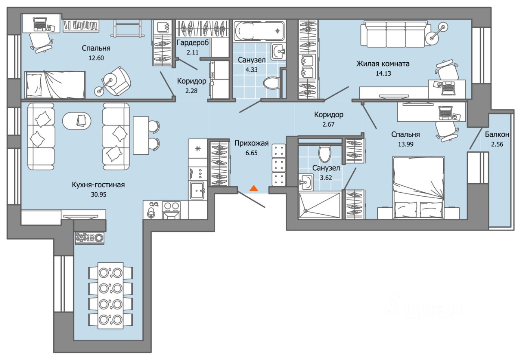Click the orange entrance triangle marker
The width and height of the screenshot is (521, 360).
point(254,188)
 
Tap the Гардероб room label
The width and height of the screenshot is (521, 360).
point(193,43)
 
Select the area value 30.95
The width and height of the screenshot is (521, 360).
point(99,194)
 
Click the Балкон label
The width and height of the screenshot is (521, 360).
point(497,134)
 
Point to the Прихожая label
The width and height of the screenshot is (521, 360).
point(252,143)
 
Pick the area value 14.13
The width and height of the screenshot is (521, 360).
point(383,74)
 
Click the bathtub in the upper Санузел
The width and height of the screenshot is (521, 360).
point(258,31)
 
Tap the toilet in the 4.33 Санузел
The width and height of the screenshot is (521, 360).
point(271,83)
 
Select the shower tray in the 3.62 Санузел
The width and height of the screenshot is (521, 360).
point(320,206)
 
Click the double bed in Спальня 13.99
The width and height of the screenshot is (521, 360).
point(418,188)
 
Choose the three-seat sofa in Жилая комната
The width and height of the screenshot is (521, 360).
point(394,34)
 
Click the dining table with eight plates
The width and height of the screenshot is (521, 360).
point(110,296)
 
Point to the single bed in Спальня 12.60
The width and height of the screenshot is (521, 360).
point(55,84)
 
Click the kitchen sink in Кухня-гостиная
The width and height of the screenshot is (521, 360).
point(197,190)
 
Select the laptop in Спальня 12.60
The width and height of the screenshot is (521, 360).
point(40,24)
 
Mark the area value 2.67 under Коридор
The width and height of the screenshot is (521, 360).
point(328,124)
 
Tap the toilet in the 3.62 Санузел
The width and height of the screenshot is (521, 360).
point(325,154)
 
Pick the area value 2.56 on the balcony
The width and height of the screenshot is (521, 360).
point(497,144)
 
